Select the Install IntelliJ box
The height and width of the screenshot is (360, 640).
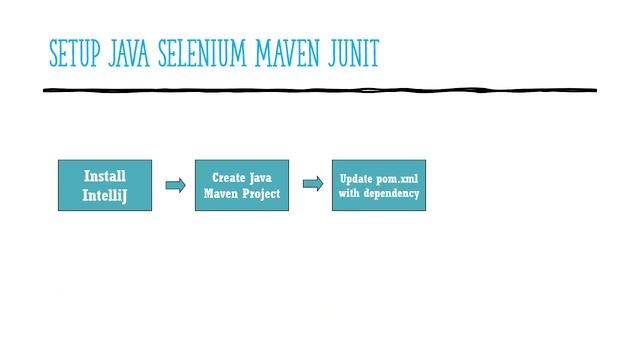[x=105, y=185]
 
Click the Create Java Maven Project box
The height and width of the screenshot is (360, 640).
[x=243, y=185]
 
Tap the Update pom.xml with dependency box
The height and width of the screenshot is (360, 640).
[x=379, y=185]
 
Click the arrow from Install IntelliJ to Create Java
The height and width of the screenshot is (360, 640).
[x=175, y=185]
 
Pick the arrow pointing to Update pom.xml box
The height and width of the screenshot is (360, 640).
[x=313, y=184]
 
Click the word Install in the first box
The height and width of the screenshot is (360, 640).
[x=105, y=175]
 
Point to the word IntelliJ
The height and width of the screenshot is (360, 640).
[x=105, y=196]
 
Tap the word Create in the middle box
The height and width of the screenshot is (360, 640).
[x=229, y=177]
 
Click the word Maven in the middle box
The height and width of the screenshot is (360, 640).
[x=223, y=194]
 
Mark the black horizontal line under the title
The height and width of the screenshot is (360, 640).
[x=320, y=91]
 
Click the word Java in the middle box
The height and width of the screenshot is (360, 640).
[x=262, y=177]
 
